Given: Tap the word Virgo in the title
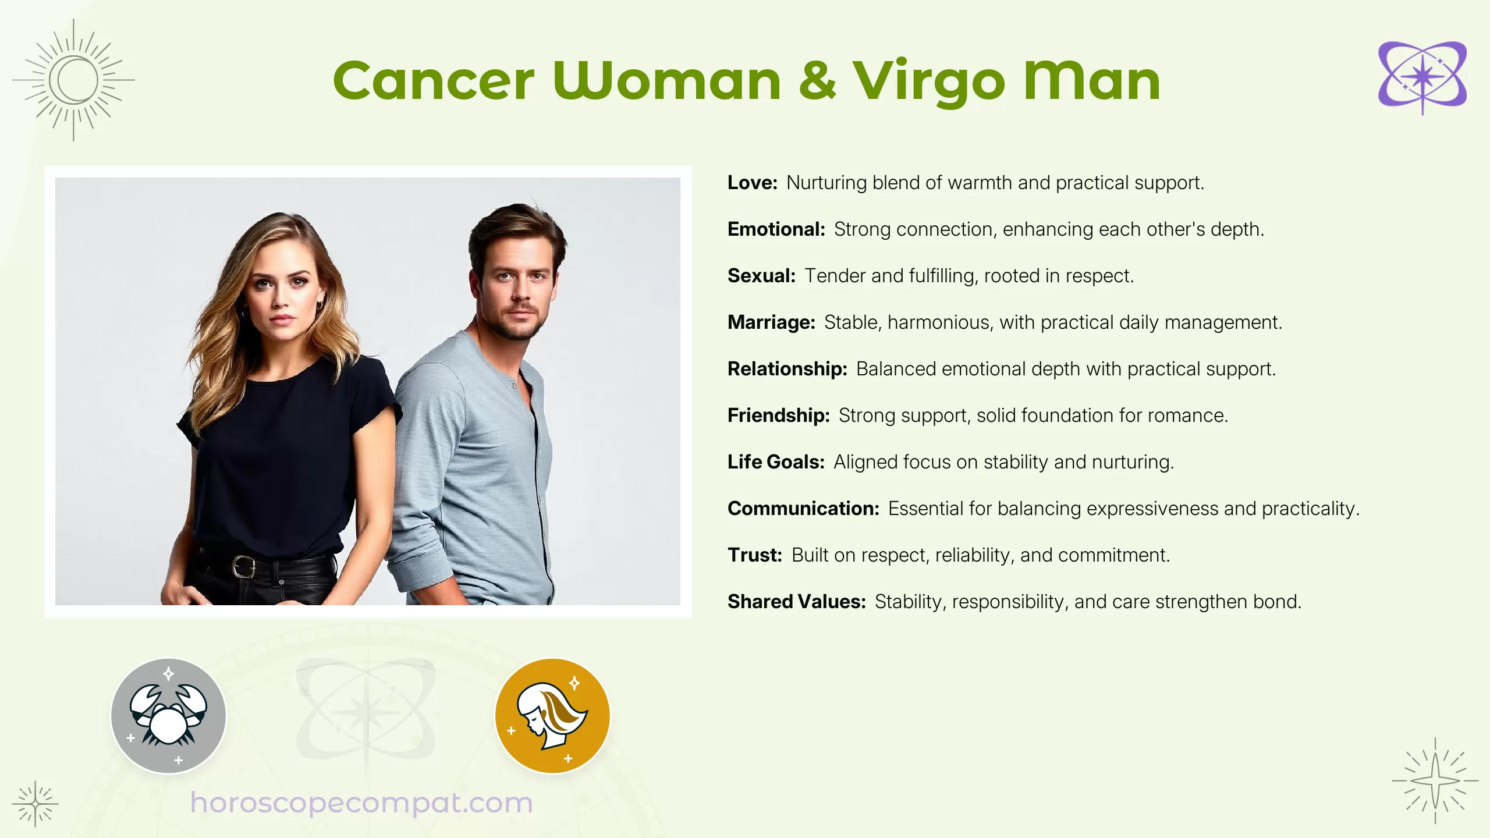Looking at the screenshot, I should pos(929,83).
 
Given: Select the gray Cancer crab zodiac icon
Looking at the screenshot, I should pos(168,716).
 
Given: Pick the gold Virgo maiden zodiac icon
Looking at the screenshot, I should pos(552,716).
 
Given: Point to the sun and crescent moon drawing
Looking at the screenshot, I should pos(74,80).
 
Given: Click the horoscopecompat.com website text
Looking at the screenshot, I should pos(361,803).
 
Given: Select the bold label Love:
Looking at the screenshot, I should pos(752,183).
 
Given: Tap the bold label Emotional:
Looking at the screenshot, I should pos(776,229).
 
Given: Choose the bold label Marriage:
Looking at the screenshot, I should pos(771,322).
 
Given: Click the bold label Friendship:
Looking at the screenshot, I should pos(778,416).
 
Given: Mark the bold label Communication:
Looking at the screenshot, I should pos(803,509).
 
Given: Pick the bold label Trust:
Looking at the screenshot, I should pos(754,555).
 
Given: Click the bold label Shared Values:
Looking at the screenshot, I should pos(796,602).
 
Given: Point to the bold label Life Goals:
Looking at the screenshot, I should pos(776,462).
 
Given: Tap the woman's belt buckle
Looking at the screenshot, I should pos(244,566).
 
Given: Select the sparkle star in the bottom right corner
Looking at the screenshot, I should pos(1435,781).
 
